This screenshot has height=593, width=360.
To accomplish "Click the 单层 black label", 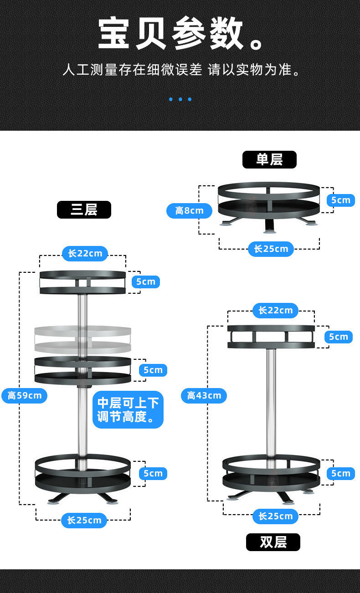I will click(269, 159).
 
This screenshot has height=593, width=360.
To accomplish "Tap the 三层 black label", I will click(84, 210).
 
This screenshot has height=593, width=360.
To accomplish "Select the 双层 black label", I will click(273, 542).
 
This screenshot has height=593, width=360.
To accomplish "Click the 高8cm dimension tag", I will click(189, 210).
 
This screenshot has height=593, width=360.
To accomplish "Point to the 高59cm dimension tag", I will click(25, 395).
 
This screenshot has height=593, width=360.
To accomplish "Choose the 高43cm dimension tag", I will click(204, 395).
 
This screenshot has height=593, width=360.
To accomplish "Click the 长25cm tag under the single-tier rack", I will click(271, 249).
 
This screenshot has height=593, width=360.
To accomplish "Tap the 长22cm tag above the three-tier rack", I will click(85, 253).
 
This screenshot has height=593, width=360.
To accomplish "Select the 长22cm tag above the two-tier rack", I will click(275, 311).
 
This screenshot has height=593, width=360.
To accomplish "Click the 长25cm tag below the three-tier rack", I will click(84, 520).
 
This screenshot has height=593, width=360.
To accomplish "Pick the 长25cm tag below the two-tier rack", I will click(275, 516).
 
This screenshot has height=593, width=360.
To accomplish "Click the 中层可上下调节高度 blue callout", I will click(128, 409).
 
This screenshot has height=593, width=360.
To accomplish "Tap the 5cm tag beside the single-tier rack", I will click(340, 200).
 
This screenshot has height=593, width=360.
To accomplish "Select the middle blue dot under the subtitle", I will click(180, 99).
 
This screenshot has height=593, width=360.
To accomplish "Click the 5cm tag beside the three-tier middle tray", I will click(153, 370).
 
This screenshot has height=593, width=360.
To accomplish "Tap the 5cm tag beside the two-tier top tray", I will click(338, 337).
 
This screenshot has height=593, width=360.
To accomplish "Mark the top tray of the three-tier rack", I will click(82, 282).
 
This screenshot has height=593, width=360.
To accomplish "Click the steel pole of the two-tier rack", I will click(271, 401).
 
